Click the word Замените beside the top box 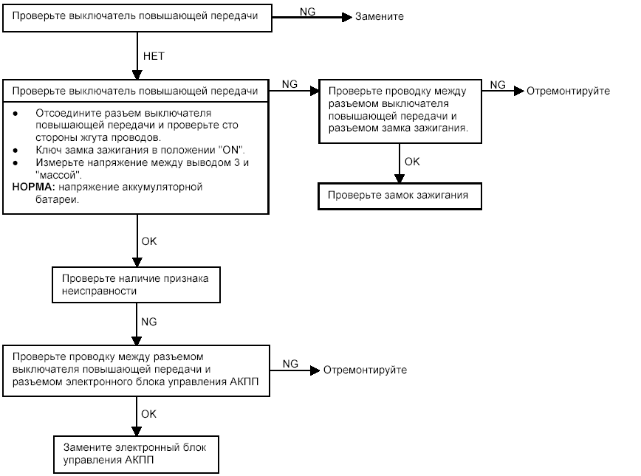379,16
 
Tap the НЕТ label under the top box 154,56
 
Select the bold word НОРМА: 33,187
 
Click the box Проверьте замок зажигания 400,196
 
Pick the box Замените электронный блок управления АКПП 136,455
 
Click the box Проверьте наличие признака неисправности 136,285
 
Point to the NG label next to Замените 307,12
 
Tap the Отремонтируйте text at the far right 568,91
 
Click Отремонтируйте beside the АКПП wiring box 365,370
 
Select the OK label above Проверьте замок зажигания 412,162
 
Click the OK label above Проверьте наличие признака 149,241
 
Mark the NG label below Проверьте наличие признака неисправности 149,322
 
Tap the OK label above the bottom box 149,414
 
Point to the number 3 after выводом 237,162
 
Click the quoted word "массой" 58,175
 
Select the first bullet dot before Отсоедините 16,114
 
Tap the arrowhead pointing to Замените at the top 347,17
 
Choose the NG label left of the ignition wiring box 289,83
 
